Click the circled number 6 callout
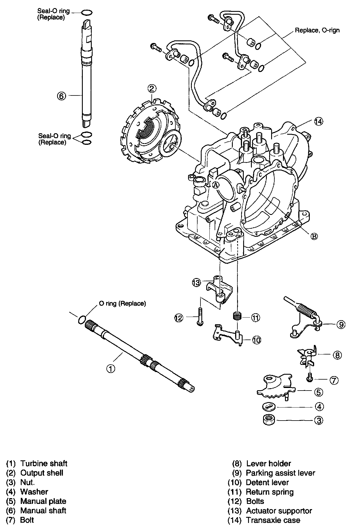[61, 96]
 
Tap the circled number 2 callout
[152, 88]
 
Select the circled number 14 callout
[318, 122]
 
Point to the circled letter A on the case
[216, 185]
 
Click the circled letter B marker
[314, 236]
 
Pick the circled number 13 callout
[196, 282]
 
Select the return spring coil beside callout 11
[237, 316]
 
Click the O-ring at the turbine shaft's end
[82, 319]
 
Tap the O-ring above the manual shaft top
[87, 12]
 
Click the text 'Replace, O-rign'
[317, 30]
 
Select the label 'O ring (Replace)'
[122, 303]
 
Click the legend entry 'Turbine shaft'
[44, 464]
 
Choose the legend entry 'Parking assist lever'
[280, 473]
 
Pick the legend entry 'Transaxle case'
[273, 520]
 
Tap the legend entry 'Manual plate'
[43, 501]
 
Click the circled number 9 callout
[341, 324]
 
